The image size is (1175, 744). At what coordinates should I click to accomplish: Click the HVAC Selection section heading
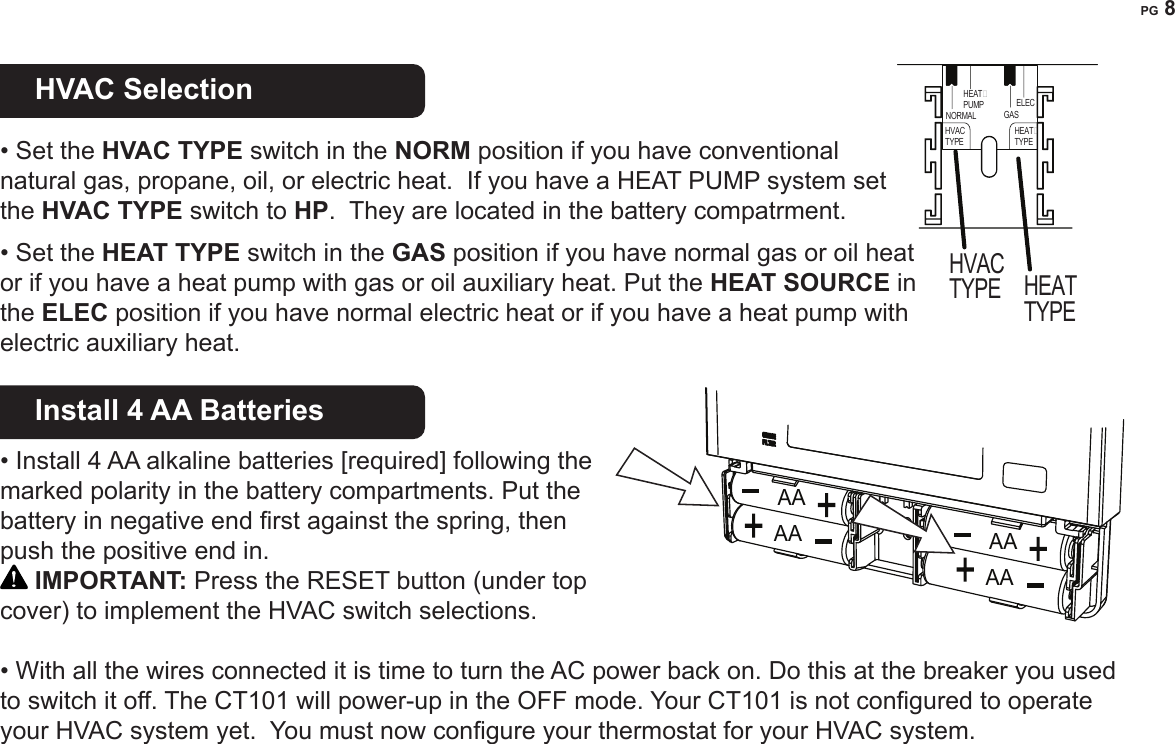click(x=144, y=90)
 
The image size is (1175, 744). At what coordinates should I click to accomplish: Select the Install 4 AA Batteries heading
click(x=179, y=411)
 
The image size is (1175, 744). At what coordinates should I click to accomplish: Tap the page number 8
click(x=1167, y=10)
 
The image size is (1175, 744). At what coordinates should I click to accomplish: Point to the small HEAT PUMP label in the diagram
click(x=974, y=98)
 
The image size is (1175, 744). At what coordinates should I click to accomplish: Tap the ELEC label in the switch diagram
click(x=1024, y=104)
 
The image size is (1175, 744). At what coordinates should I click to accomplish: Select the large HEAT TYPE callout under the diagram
click(x=1050, y=300)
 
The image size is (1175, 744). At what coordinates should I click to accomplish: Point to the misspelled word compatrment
click(x=781, y=213)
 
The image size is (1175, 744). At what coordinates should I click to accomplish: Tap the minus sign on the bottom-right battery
click(x=1037, y=583)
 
